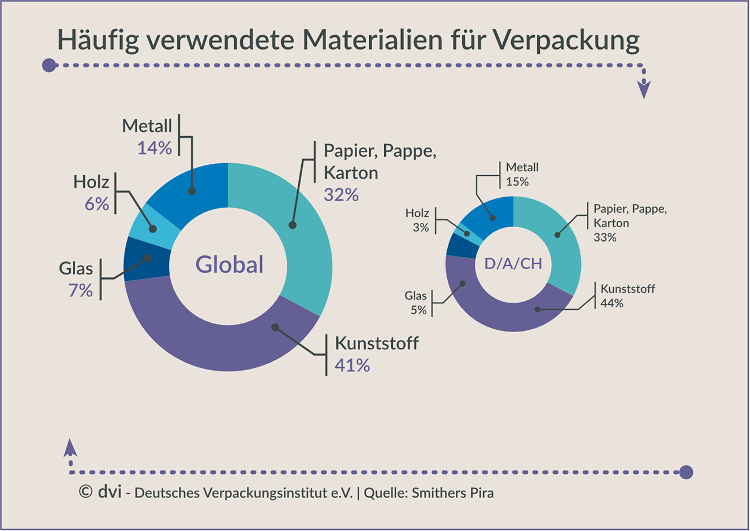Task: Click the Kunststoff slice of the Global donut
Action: (x=219, y=340)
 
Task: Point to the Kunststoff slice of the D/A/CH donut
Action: (x=508, y=314)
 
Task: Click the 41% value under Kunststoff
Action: (x=352, y=365)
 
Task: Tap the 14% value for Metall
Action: (x=155, y=148)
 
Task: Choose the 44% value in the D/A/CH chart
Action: (x=612, y=302)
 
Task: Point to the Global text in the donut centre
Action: (x=229, y=265)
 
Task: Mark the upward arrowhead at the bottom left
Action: (x=70, y=448)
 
